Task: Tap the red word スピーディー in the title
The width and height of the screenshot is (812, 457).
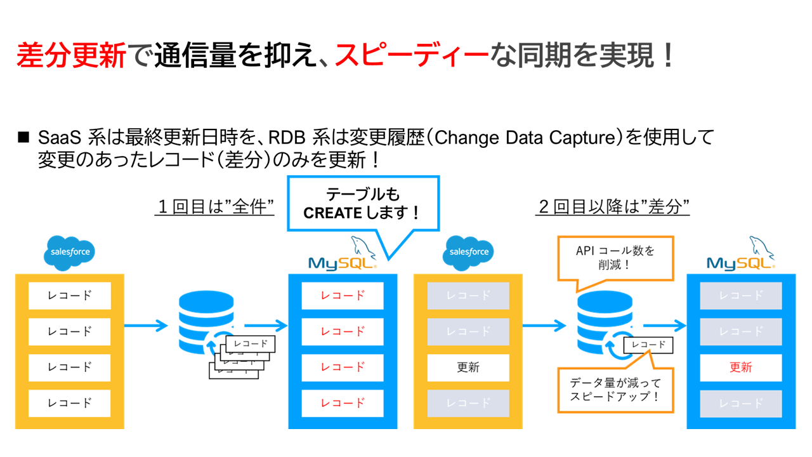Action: click(412, 56)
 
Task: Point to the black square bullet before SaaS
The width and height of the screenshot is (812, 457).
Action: click(24, 136)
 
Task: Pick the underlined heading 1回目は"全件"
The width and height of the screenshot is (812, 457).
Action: click(214, 207)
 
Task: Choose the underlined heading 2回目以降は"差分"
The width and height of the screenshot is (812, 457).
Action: click(613, 207)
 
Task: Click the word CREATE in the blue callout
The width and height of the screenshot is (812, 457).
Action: click(334, 213)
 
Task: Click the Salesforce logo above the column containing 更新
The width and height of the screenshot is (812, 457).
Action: click(469, 252)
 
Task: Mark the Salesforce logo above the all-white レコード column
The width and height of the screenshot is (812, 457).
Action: click(70, 252)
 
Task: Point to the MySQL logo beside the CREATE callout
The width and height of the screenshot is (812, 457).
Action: click(343, 256)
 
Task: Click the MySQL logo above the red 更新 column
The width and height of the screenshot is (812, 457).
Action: click(741, 256)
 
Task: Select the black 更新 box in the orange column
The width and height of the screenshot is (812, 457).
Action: click(468, 367)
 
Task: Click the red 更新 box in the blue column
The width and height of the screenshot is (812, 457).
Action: click(740, 367)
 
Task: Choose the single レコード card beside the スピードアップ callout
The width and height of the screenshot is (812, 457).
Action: click(648, 345)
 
